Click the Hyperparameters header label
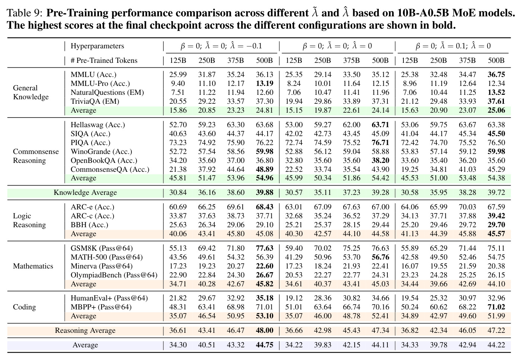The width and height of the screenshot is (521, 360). coord(97,46)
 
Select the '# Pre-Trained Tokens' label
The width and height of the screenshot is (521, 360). coord(104,60)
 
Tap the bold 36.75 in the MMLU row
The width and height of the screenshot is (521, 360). coord(496,74)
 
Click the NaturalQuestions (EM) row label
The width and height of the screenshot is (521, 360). coord(107,93)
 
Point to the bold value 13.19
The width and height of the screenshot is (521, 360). coord(265,83)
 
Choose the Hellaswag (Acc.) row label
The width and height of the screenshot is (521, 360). coord(98,125)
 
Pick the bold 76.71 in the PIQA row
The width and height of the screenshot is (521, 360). coord(380,142)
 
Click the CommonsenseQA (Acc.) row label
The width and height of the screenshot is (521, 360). coord(110,170)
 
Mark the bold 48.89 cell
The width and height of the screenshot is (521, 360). coord(265,169)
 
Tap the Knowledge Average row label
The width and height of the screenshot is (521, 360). coord(85,193)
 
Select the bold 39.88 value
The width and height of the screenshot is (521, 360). coord(265,192)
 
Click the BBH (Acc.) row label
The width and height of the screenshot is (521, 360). coord(89,225)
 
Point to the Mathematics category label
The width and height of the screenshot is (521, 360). coord(33,266)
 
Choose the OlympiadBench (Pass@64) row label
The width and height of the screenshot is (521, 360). coord(114,275)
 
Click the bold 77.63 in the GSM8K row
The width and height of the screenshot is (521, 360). coord(265,248)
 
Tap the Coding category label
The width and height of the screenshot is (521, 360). coord(25,307)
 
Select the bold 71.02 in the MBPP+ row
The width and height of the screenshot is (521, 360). coord(496,307)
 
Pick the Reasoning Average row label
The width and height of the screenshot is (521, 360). coord(85,331)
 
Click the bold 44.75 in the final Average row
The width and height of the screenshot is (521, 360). coord(265,345)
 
